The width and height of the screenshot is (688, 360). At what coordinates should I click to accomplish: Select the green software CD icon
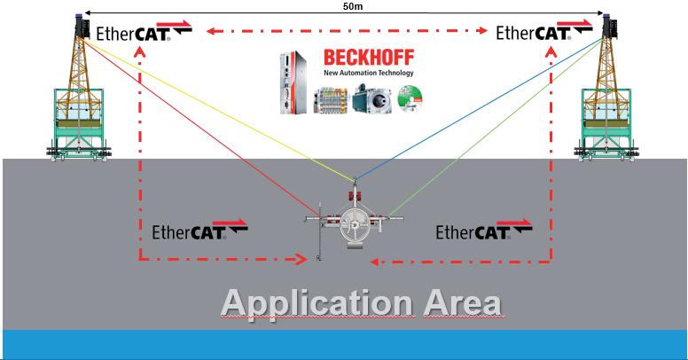(x=412, y=99)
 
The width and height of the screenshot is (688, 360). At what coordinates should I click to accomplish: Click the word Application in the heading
(x=316, y=302)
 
